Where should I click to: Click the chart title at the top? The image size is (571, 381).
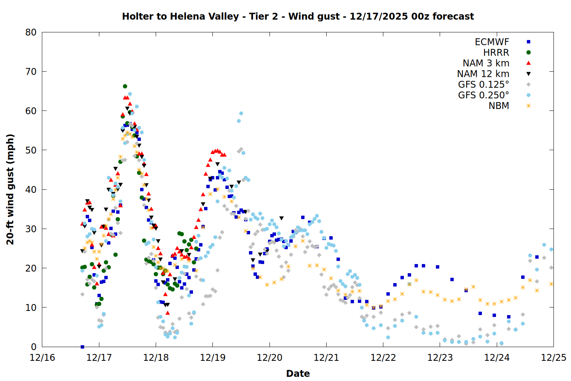pos(298,16)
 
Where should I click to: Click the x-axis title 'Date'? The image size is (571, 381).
pos(298,373)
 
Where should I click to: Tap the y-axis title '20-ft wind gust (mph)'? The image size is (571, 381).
pos(10,189)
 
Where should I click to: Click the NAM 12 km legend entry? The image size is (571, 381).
pos(483,74)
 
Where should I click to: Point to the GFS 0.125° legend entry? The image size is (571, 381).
pos(483,85)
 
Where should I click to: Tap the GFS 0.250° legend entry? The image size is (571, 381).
pos(483,95)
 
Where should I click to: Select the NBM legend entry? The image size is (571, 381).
pos(499,106)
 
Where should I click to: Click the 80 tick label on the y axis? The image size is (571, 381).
pos(31,32)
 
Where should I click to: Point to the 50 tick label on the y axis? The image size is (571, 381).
pos(31,150)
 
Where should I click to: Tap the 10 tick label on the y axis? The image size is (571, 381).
pos(31,307)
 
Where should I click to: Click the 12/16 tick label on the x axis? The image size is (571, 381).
pos(42,358)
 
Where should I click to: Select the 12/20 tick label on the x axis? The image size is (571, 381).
pos(270,358)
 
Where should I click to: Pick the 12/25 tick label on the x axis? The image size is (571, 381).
pos(553,358)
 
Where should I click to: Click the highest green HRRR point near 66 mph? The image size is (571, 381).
pos(125,86)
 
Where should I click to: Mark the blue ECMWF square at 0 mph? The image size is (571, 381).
pos(82,347)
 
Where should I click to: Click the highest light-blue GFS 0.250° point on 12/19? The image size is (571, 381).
pos(241,114)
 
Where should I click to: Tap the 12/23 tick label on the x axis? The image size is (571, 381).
pos(440,358)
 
